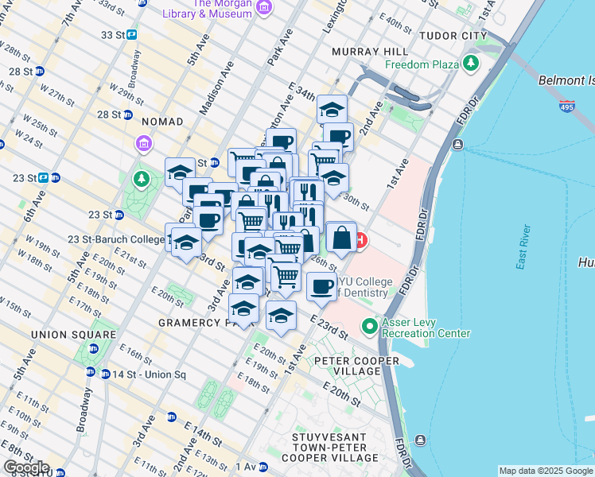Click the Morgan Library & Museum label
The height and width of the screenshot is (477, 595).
pyautogui.click(x=209, y=9)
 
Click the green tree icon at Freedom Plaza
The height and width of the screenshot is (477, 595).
pyautogui.click(x=472, y=63)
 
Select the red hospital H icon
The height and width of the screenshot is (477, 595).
pyautogui.click(x=360, y=239)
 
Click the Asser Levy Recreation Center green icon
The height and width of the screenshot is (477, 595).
pyautogui.click(x=369, y=326)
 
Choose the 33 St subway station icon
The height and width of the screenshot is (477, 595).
pyautogui.click(x=131, y=35)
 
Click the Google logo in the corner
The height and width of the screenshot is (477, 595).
pyautogui.click(x=25, y=468)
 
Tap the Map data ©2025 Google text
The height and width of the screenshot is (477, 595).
pyautogui.click(x=546, y=471)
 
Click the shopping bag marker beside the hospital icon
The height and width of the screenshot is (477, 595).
pyautogui.click(x=340, y=237)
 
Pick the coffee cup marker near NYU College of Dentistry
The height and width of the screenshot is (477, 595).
pyautogui.click(x=321, y=286)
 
